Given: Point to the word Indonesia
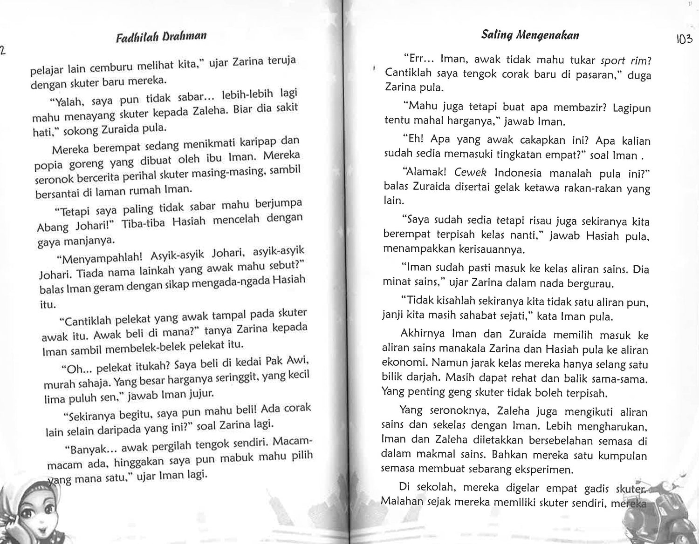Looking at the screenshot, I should click(x=518, y=173).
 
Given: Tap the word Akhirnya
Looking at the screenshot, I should click(x=421, y=335).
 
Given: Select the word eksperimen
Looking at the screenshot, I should click(x=535, y=470).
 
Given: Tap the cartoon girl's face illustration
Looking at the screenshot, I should click(x=30, y=512).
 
